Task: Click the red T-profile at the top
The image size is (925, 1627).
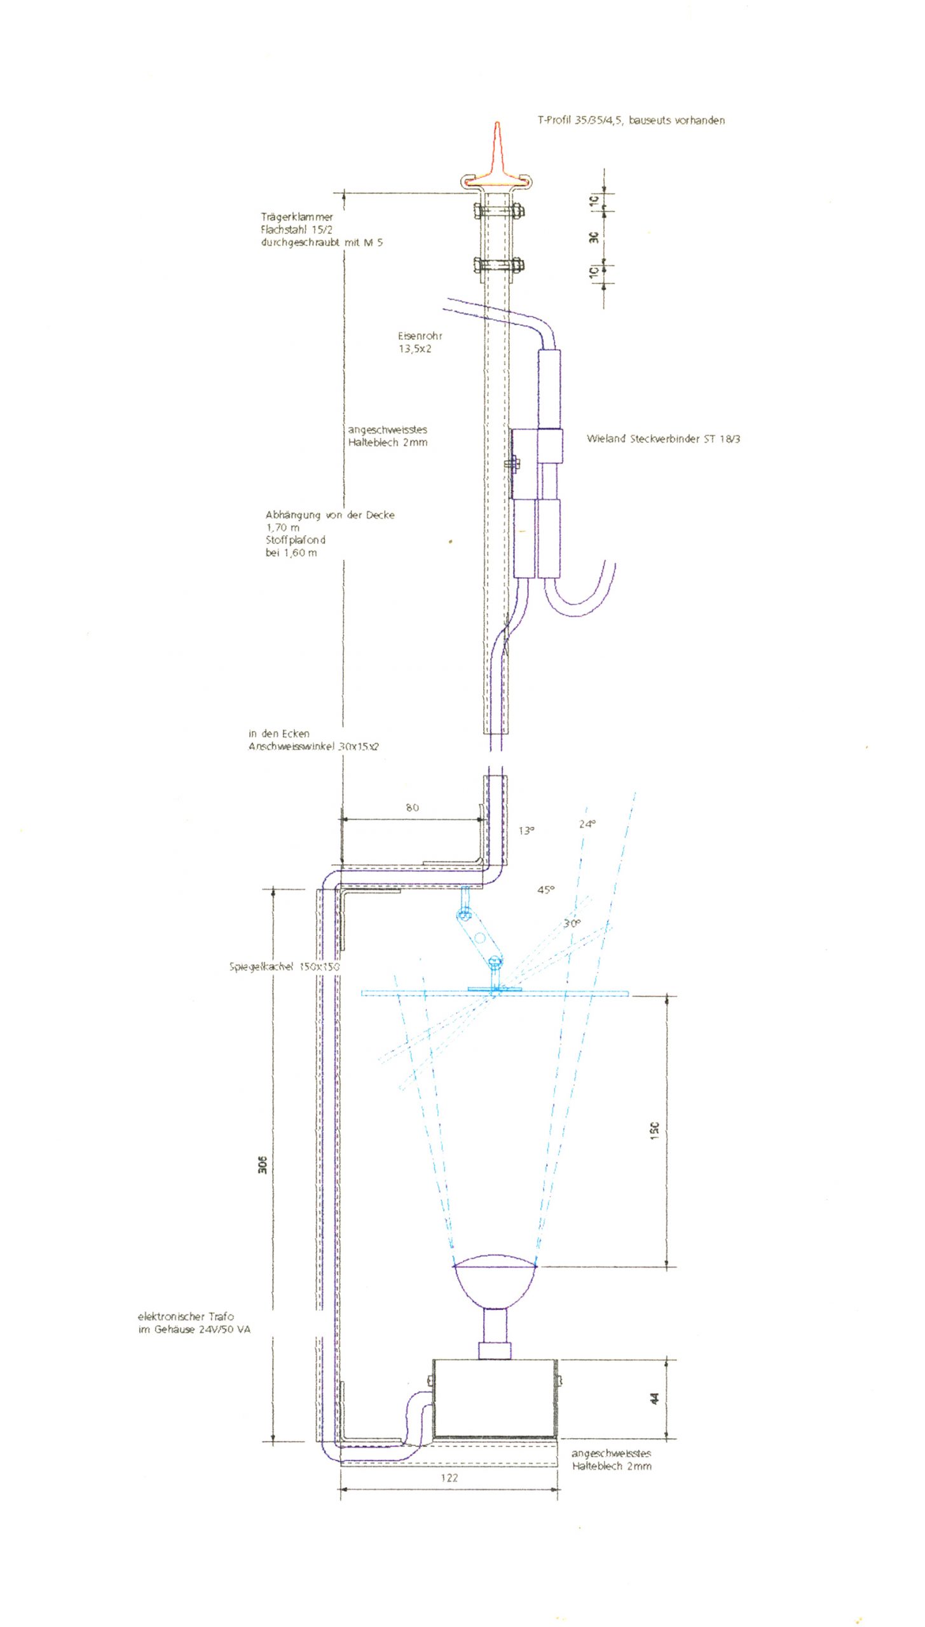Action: (x=497, y=162)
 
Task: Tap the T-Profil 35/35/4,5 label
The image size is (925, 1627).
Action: (x=631, y=120)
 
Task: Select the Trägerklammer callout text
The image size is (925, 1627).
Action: (x=322, y=229)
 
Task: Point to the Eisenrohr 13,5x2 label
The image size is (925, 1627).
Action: (x=420, y=342)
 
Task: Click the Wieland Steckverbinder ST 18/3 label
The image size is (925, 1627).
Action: (x=663, y=439)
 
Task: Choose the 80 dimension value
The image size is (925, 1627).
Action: (x=412, y=808)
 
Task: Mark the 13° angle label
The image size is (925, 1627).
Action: (x=526, y=831)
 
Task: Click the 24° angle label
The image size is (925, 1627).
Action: (x=587, y=824)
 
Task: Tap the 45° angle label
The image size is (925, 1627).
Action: (x=545, y=890)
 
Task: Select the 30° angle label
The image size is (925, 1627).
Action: (x=572, y=923)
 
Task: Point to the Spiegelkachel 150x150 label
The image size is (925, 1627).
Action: (x=284, y=967)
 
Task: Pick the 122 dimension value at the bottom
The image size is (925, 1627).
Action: (x=449, y=1478)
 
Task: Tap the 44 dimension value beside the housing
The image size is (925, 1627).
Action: (x=655, y=1398)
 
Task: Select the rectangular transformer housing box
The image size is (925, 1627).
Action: (x=495, y=1398)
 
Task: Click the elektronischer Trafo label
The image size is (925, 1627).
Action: (x=194, y=1323)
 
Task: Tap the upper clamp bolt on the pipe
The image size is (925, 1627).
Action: (x=498, y=210)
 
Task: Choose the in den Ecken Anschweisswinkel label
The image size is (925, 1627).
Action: (x=313, y=740)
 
